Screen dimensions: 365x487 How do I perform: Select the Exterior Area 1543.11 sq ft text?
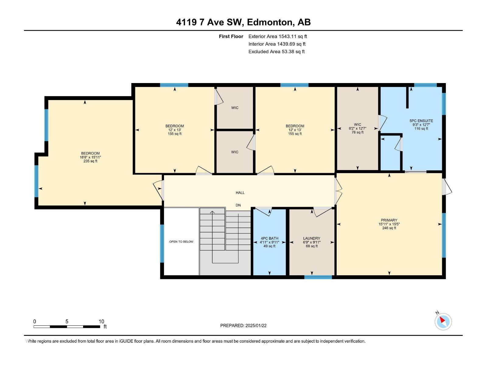point(278,36)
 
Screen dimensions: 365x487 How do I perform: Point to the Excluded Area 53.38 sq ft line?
point(276,52)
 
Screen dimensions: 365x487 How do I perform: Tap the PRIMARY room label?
point(389,220)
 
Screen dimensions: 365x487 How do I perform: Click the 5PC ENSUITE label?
point(421,121)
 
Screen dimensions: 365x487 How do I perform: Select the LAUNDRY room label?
point(311,238)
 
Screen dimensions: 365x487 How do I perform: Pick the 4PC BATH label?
point(269,238)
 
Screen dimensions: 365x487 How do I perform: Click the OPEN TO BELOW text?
point(181,242)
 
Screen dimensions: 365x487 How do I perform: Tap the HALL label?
point(240,193)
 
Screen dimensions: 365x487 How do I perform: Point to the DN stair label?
point(238,205)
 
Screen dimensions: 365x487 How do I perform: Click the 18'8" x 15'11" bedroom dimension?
point(90,157)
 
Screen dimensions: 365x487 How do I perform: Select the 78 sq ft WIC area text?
point(357,132)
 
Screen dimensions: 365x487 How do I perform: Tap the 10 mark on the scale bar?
point(101,322)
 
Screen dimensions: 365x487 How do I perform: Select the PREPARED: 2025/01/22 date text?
point(243,325)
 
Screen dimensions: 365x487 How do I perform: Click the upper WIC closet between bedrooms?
point(235,108)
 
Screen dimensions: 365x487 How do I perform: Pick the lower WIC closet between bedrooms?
point(235,152)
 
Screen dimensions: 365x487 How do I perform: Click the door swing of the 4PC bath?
point(264,211)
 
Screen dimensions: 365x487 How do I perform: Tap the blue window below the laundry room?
point(318,277)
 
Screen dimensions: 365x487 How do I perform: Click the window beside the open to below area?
point(162,243)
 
